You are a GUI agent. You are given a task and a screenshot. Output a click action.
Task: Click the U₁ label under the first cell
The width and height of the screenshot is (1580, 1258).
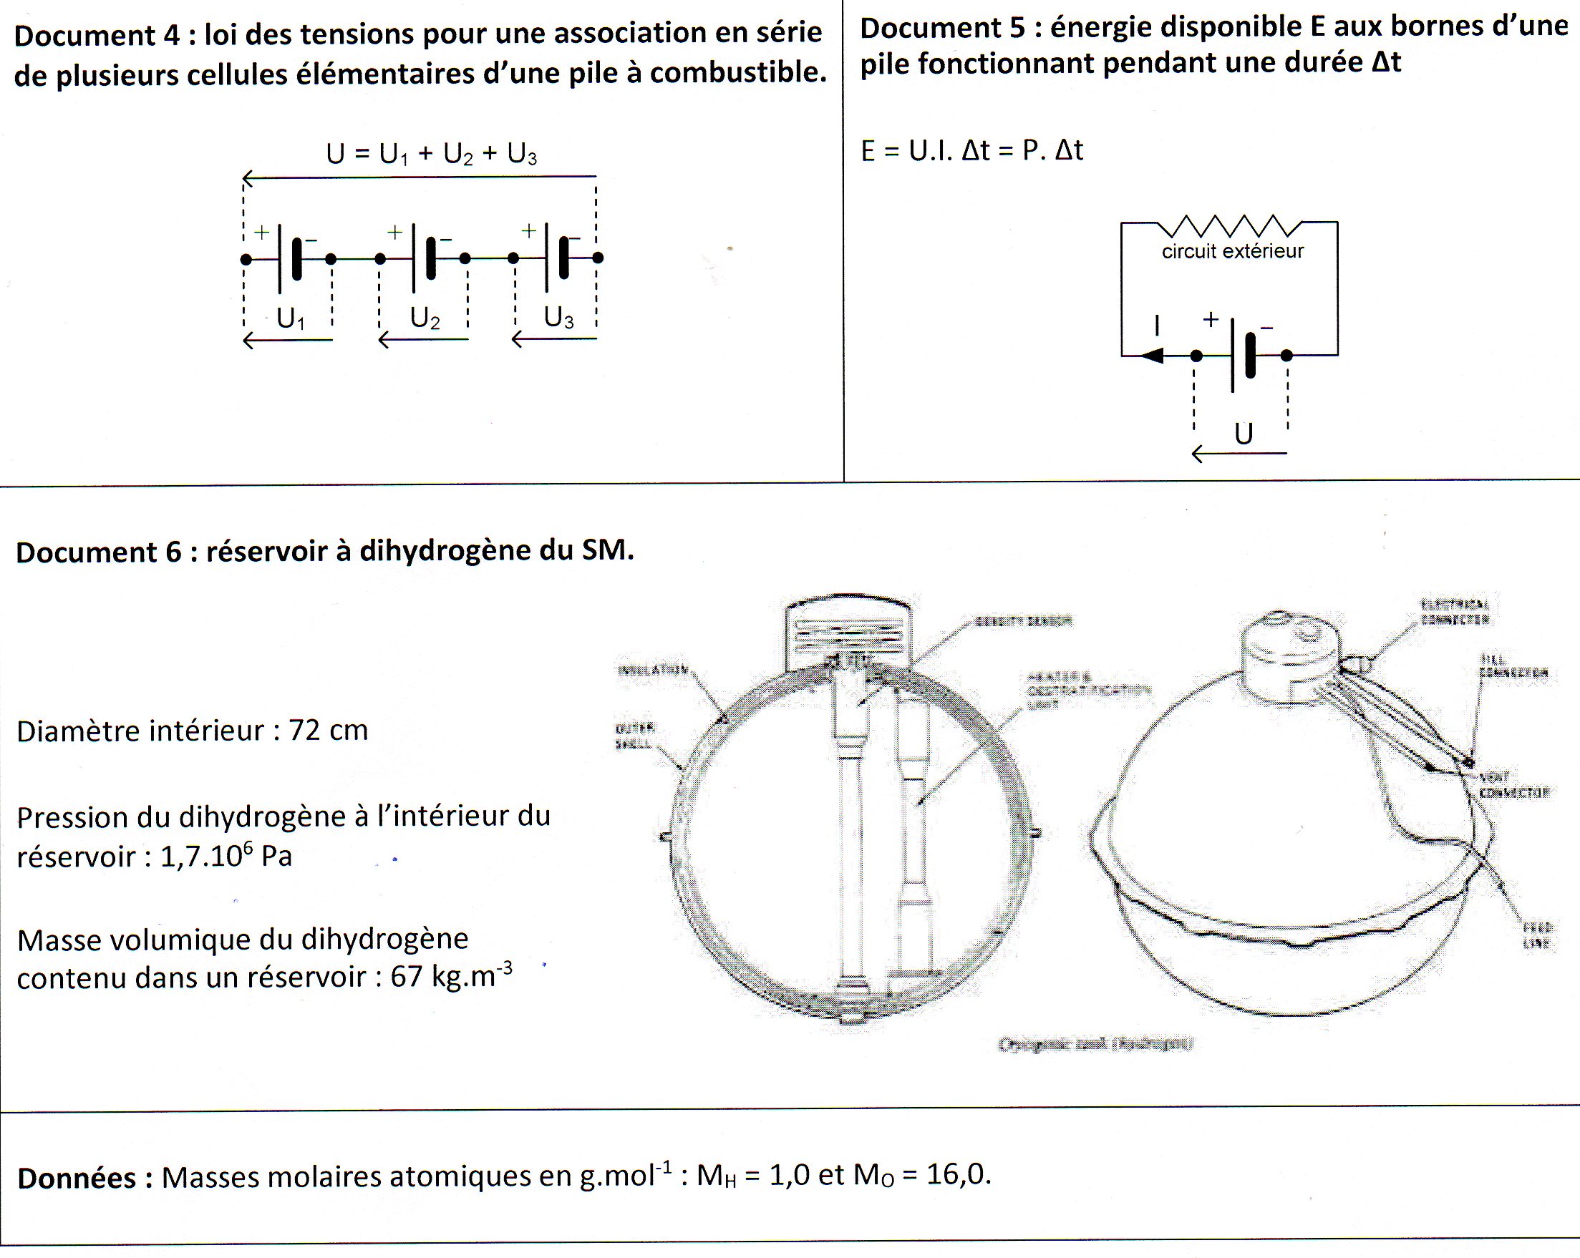[x=290, y=318]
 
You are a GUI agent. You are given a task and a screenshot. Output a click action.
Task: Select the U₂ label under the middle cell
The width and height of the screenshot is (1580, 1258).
[x=425, y=318]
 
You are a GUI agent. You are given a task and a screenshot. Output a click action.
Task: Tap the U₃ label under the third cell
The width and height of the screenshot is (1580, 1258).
[x=558, y=318]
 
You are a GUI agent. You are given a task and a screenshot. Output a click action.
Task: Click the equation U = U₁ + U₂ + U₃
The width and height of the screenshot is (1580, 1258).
[x=432, y=154]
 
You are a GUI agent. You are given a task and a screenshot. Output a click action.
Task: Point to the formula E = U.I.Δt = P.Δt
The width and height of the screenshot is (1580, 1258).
[x=971, y=150]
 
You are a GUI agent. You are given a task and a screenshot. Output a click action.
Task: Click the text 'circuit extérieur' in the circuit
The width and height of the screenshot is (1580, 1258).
[x=1233, y=251]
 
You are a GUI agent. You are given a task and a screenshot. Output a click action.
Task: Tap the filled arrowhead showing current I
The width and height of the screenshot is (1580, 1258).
[x=1153, y=356]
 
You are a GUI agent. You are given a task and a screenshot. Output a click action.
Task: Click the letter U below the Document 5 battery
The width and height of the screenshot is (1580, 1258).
[x=1243, y=434]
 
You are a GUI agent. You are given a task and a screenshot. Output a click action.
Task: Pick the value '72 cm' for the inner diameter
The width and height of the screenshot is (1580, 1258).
[x=329, y=731]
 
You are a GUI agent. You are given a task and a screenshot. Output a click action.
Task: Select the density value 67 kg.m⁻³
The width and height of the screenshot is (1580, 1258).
[x=451, y=976]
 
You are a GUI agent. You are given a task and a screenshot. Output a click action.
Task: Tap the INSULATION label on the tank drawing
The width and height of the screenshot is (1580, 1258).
[x=652, y=670]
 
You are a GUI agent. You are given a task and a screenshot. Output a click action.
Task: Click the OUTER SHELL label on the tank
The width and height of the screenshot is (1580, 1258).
[x=634, y=736]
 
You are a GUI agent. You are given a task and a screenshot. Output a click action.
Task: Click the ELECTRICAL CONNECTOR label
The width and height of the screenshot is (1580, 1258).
[x=1455, y=612]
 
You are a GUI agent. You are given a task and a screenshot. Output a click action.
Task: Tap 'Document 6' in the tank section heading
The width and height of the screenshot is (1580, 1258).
[x=98, y=552]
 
